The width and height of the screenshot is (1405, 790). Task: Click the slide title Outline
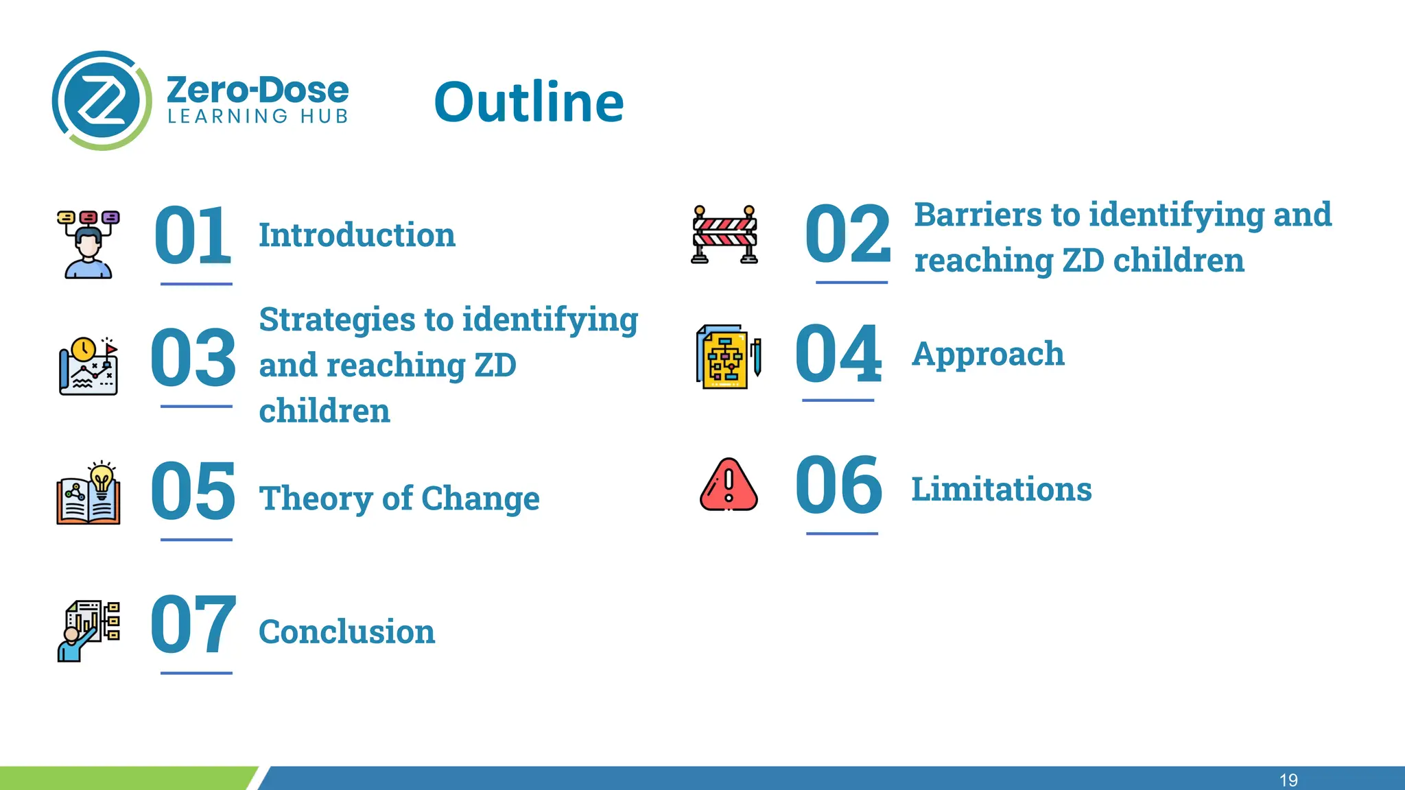click(x=529, y=102)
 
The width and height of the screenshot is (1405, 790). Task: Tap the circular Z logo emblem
click(x=102, y=101)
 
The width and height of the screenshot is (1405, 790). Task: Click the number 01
click(x=193, y=236)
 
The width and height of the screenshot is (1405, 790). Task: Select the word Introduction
click(x=357, y=235)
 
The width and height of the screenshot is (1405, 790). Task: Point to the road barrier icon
click(x=724, y=235)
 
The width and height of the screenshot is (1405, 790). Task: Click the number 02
click(x=848, y=235)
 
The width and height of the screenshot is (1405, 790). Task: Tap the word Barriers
click(x=978, y=215)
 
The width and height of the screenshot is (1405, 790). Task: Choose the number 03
click(x=193, y=358)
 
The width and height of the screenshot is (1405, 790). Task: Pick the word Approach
click(x=988, y=355)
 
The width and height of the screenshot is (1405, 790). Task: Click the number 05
click(x=193, y=491)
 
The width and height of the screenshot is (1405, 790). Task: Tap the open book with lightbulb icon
click(x=88, y=494)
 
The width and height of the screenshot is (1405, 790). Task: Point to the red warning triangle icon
click(x=729, y=486)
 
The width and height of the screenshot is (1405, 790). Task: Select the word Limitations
click(x=1001, y=490)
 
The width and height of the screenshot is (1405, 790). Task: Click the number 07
click(x=193, y=625)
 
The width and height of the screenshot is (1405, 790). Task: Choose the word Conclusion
click(x=346, y=632)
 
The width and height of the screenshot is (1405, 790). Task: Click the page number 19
click(x=1288, y=780)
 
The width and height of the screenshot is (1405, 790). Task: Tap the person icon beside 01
click(x=88, y=244)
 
